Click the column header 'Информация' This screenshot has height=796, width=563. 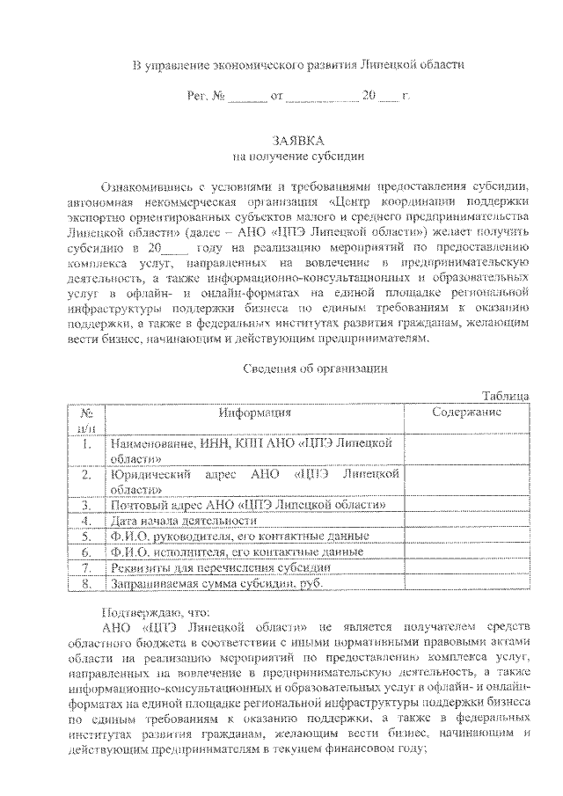(x=255, y=412)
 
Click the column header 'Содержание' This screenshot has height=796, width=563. (x=466, y=412)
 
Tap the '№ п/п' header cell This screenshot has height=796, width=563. (x=86, y=419)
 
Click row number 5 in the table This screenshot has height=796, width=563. (x=86, y=537)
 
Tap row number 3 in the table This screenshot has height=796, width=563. (x=86, y=506)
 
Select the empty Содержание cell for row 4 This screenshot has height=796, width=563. (x=466, y=521)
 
